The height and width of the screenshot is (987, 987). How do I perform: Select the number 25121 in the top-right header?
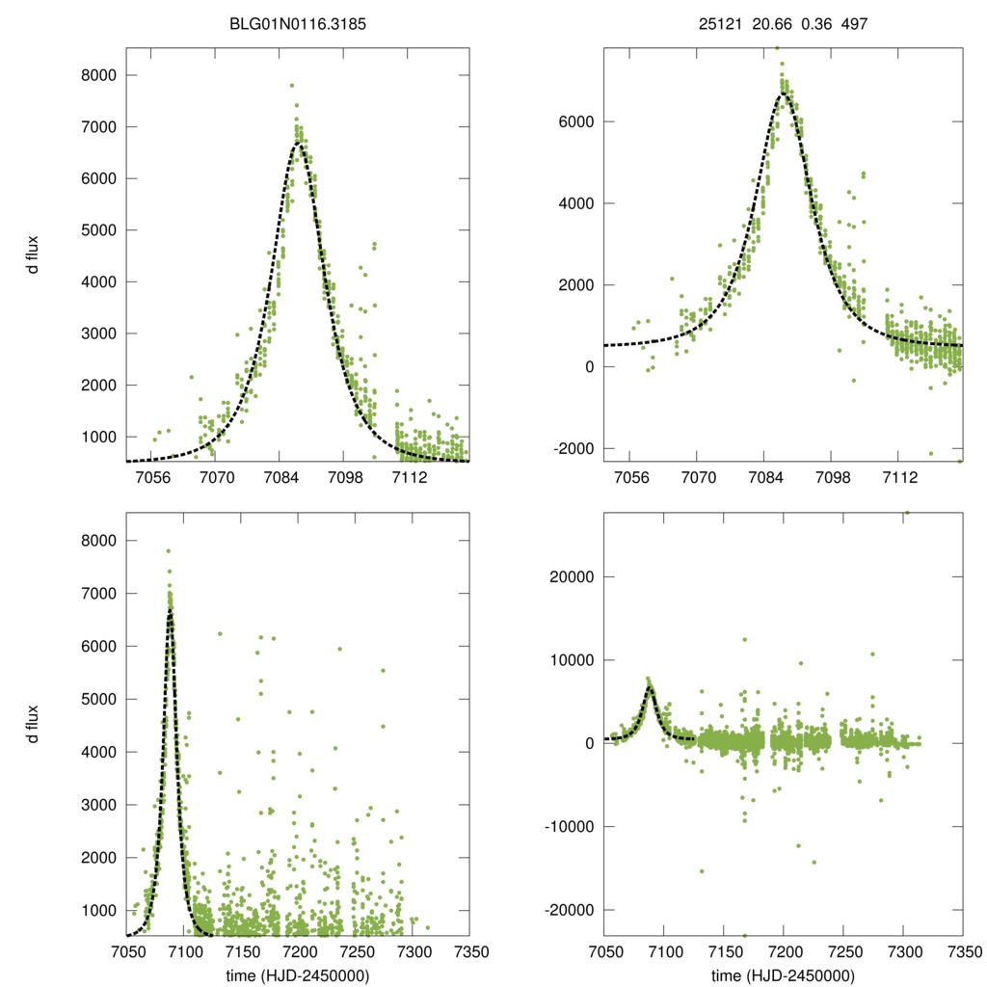coord(720,22)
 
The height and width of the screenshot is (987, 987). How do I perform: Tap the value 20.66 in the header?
coord(770,22)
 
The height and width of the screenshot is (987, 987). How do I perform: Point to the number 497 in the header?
coord(853,22)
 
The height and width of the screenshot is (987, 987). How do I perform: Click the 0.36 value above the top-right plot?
coord(815,22)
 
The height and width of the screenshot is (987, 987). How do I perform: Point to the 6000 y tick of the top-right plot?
coord(574,122)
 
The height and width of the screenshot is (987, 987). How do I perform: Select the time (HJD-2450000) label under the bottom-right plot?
coord(783,974)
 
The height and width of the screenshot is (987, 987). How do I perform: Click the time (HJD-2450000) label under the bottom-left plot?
coord(298,974)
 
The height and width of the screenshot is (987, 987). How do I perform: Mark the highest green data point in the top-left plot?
coord(291,86)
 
